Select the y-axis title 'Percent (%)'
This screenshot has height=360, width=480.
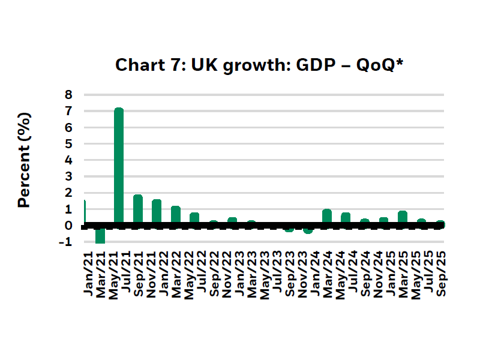[24, 160]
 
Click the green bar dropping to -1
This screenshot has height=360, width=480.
[100, 235]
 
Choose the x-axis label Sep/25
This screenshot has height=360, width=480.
[440, 273]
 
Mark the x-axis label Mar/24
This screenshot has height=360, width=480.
[327, 273]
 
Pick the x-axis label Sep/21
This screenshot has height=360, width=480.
[137, 273]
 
